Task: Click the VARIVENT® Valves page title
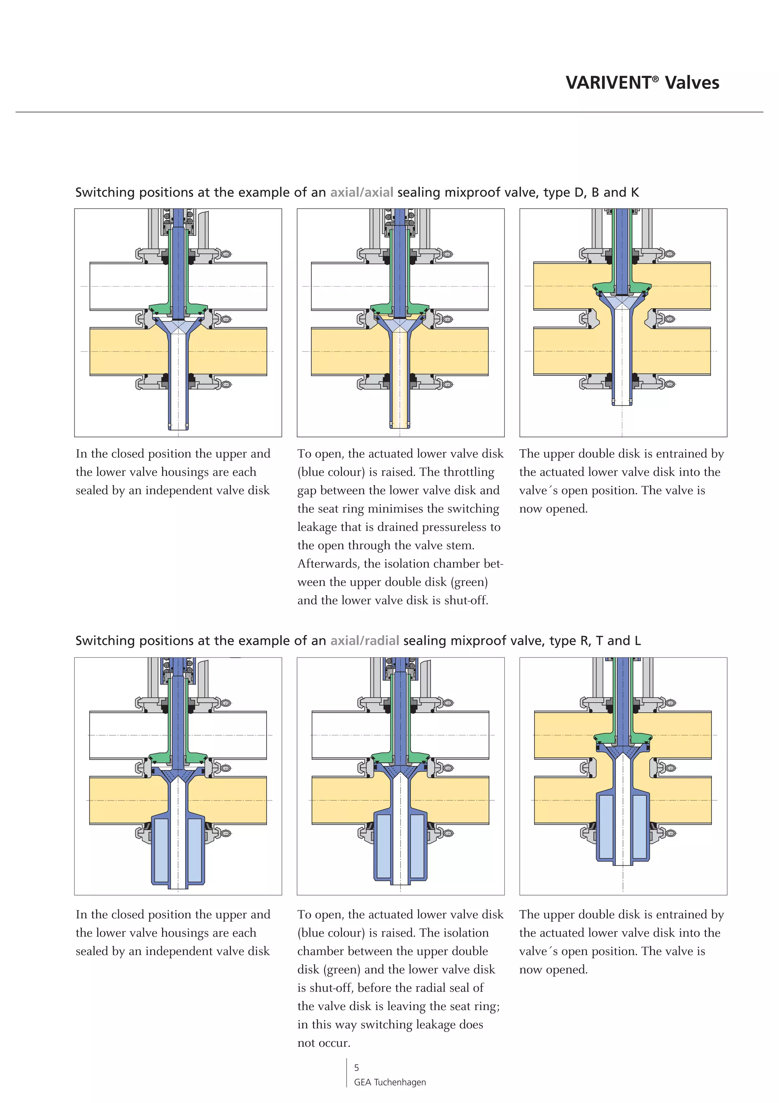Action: coord(642,83)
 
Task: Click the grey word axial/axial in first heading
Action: coord(361,192)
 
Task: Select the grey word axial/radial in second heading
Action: coord(364,641)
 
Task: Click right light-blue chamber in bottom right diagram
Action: coord(639,826)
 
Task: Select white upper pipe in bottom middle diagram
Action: coord(346,735)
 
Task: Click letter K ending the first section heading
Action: coord(634,192)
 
